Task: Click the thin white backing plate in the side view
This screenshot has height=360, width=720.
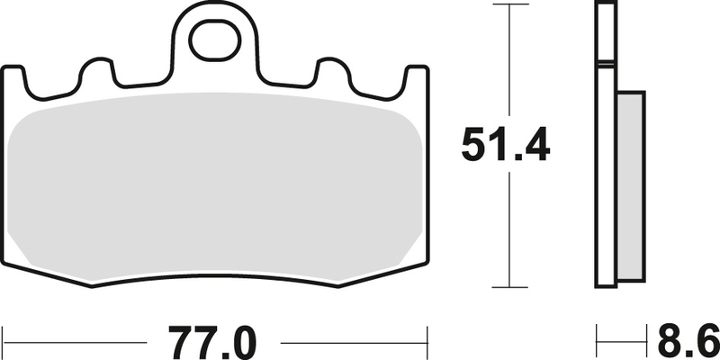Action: point(605,144)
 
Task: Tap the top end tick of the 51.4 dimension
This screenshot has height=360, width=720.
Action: point(510,5)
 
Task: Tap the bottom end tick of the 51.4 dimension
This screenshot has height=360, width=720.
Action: point(510,286)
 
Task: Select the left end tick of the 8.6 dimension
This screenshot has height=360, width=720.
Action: point(598,342)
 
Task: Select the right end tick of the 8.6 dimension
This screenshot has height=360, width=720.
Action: point(646,342)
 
